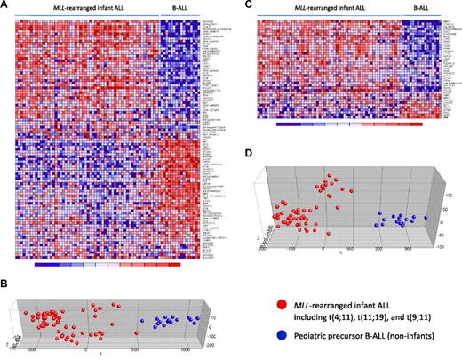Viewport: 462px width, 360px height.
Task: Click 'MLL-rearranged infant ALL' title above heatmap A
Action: pyautogui.click(x=87, y=8)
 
